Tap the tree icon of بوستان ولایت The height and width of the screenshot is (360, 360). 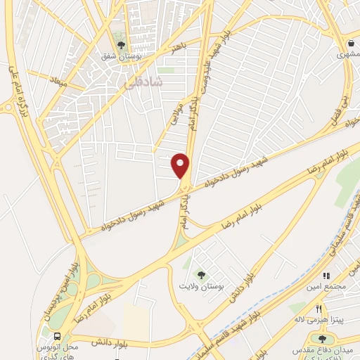click(x=202, y=275)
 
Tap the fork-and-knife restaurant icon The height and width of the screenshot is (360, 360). click(x=319, y=309)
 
